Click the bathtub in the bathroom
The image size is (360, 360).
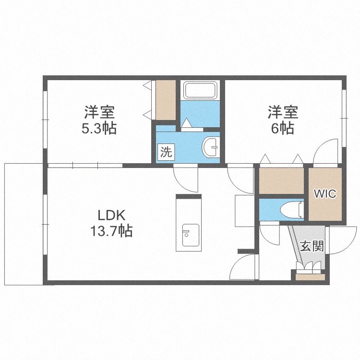tap(200, 90)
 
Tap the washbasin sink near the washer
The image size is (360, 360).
tap(211, 147)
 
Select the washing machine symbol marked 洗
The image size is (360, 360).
tap(166, 152)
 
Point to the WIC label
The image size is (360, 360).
tap(325, 194)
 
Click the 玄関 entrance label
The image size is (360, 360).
tap(312, 246)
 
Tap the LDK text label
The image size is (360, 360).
tap(111, 216)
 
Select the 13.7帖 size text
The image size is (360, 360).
tap(111, 231)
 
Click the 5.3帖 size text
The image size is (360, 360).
tap(99, 128)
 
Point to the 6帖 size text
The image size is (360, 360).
tap(283, 128)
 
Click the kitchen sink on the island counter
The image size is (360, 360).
tap(191, 235)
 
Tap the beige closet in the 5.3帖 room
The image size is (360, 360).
tap(166, 100)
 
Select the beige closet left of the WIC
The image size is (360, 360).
tap(281, 181)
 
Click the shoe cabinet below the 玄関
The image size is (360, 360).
tap(310, 277)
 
